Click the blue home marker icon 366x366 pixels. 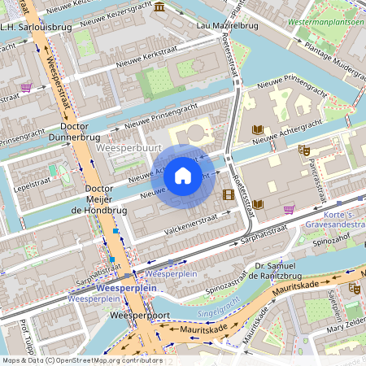[183, 175]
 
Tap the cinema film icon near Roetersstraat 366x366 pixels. [229, 194]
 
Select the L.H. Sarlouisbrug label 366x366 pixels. [36, 27]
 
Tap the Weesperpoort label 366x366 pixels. [132, 314]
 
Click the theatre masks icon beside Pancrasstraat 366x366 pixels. [303, 150]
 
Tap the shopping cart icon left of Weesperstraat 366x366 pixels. [27, 87]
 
